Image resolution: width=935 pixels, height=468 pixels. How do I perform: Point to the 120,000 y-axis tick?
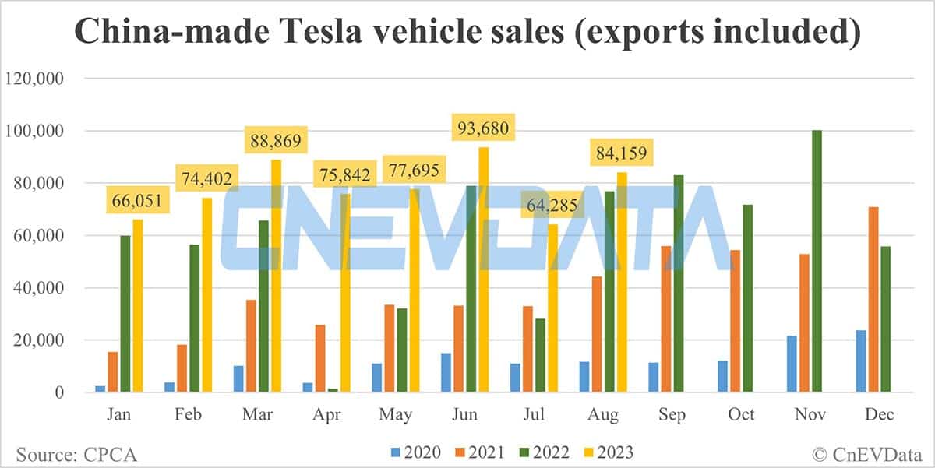pos(35,79)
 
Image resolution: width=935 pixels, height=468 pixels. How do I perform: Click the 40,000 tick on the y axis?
pos(39,288)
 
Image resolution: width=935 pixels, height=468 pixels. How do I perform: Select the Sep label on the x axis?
pos(672,414)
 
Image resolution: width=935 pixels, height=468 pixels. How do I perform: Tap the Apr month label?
pos(327,414)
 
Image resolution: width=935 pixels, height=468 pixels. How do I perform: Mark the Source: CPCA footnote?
pos(70,452)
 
